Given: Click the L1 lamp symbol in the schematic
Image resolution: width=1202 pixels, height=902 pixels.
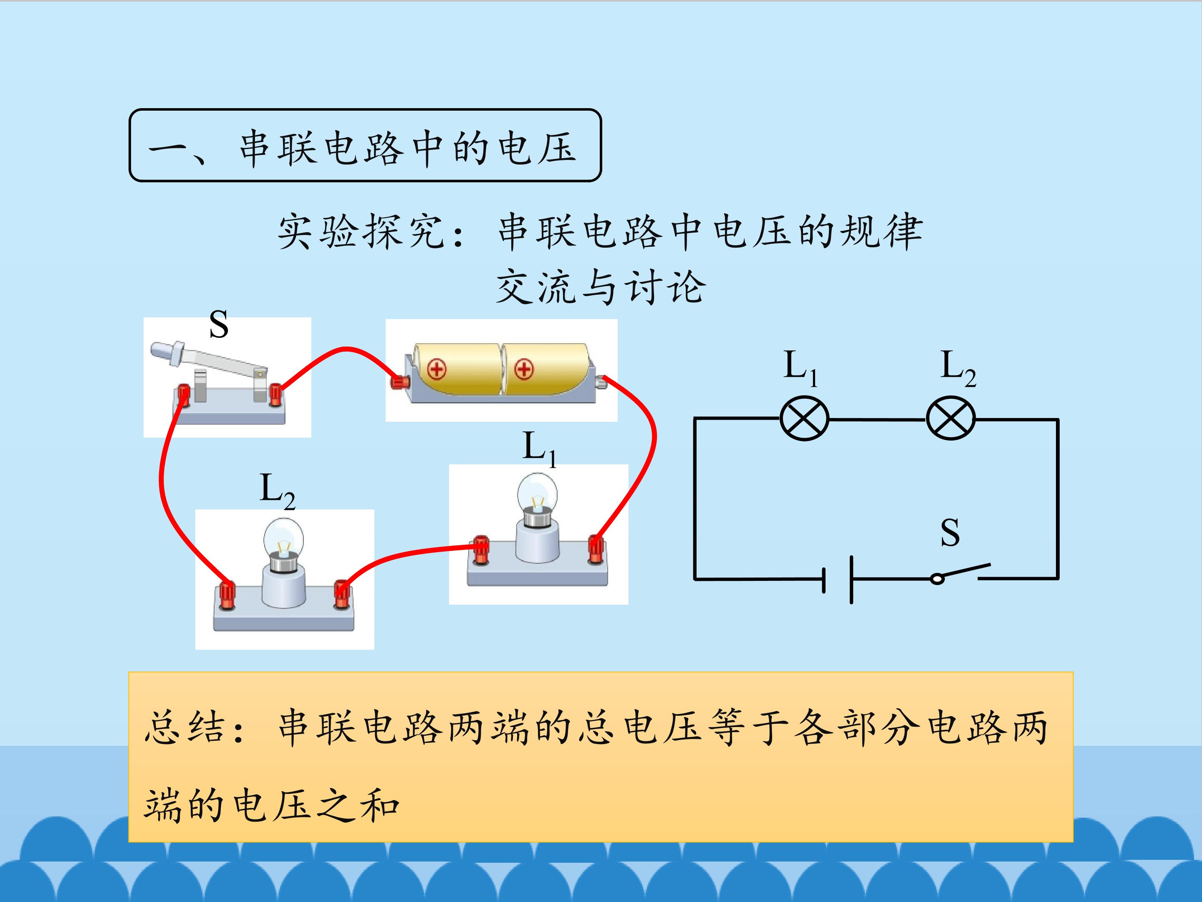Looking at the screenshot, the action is coord(804,419).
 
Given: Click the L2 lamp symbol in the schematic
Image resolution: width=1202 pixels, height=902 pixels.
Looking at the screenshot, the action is coord(950,419).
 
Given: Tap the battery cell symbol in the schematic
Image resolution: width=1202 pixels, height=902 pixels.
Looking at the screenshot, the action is coord(838,580).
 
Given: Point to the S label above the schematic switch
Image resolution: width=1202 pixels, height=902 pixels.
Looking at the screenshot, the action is coord(950,533).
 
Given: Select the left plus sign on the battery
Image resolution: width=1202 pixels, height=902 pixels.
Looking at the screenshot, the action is coord(436,369).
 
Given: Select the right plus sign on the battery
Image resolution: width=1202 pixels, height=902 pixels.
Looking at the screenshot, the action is coord(524,370).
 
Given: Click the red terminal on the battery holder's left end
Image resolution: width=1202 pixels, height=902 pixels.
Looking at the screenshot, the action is coord(400,382).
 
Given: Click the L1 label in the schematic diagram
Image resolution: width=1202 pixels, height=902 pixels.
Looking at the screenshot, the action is coord(800,368).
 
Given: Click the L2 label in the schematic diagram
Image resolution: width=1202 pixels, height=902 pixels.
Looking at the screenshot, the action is coord(958,368).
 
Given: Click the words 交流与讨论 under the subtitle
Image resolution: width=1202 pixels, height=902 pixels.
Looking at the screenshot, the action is coord(601,286).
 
